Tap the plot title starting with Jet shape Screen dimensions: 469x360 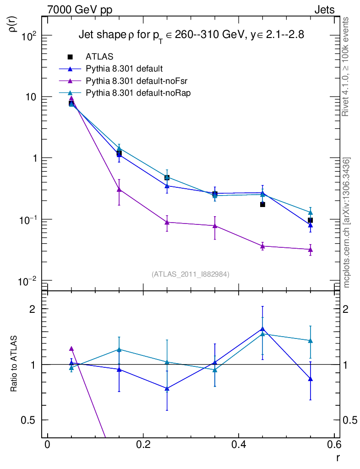coord(191,35)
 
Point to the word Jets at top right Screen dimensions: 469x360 coord(324,10)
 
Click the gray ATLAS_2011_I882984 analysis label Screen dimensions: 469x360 coord(191,274)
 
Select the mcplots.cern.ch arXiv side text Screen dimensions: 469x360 coord(347,223)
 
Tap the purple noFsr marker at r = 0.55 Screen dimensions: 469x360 coord(311,250)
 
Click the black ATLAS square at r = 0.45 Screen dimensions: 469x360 coord(262,204)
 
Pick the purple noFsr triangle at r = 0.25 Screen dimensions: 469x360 coord(167,222)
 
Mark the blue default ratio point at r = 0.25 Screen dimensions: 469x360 coord(167,389)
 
